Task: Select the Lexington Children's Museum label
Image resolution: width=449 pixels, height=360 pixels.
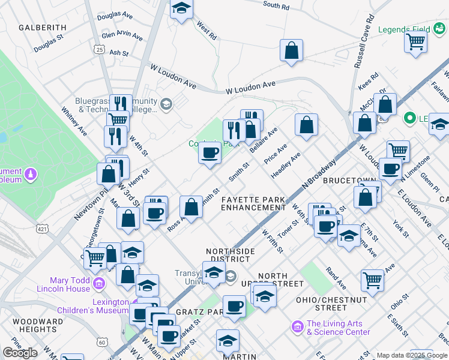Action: pyautogui.click(x=92, y=306)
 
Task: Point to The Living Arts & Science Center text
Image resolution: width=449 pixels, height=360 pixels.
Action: pyautogui.click(x=338, y=328)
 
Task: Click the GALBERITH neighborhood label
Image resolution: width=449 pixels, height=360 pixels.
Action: pyautogui.click(x=42, y=28)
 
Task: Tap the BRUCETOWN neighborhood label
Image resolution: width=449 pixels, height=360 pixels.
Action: pyautogui.click(x=350, y=180)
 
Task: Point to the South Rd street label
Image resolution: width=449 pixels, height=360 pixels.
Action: pyautogui.click(x=276, y=6)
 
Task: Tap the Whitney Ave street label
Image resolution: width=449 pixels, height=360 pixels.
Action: pyautogui.click(x=74, y=121)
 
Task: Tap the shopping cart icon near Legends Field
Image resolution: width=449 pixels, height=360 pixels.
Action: pyautogui.click(x=415, y=42)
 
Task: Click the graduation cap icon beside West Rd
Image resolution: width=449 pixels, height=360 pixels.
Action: pyautogui.click(x=181, y=8)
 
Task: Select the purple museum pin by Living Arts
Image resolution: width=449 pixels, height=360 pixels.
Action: pyautogui.click(x=297, y=326)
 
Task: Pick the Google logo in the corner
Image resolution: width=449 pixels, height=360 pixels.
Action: pyautogui.click(x=20, y=353)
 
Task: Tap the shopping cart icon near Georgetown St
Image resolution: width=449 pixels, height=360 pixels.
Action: pyautogui.click(x=95, y=258)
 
